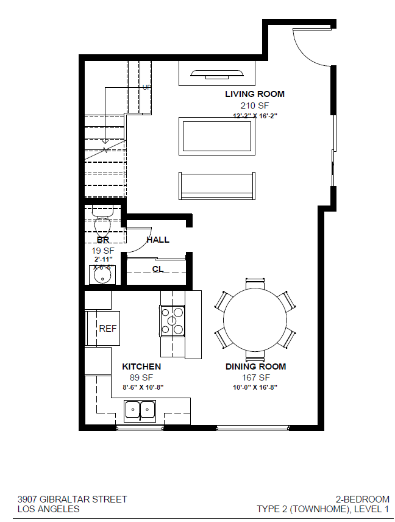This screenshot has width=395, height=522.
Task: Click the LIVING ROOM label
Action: coord(254,94)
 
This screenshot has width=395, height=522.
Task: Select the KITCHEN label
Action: coord(141,366)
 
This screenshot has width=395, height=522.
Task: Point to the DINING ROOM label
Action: coord(255,366)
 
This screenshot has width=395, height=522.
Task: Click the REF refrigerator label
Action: coord(107,329)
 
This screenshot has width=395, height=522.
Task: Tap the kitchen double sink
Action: coord(140,410)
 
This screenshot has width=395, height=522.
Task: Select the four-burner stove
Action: coord(172,321)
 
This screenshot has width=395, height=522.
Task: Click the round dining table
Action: coord(255,319)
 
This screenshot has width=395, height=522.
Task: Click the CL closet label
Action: coord(157,269)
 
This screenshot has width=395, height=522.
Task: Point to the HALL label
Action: coord(158,240)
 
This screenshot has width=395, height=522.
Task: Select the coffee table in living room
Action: coord(216,136)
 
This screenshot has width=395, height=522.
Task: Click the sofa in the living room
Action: coord(216,186)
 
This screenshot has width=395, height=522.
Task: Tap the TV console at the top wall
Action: coord(216,74)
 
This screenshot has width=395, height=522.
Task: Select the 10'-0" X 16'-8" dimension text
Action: coord(255,387)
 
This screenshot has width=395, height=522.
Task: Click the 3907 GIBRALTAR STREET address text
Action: coord(73,499)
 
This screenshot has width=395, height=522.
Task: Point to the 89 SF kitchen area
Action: coord(141,377)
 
